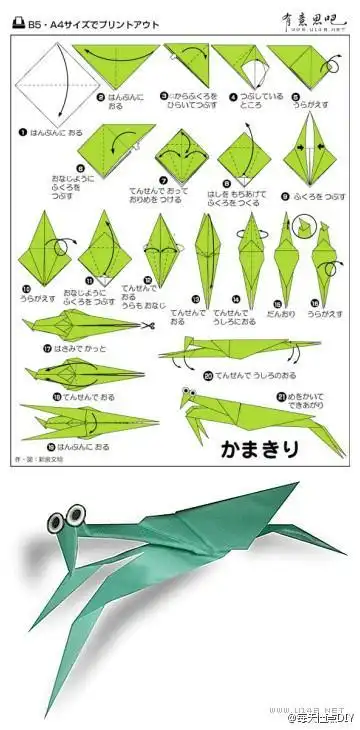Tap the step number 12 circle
147,281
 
